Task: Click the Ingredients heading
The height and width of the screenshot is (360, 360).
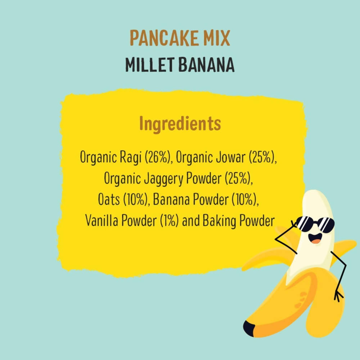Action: (x=180, y=124)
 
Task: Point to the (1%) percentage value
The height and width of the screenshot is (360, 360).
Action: (x=169, y=221)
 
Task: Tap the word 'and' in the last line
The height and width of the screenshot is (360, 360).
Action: (x=191, y=221)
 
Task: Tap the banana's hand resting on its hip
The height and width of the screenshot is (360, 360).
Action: (x=338, y=295)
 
